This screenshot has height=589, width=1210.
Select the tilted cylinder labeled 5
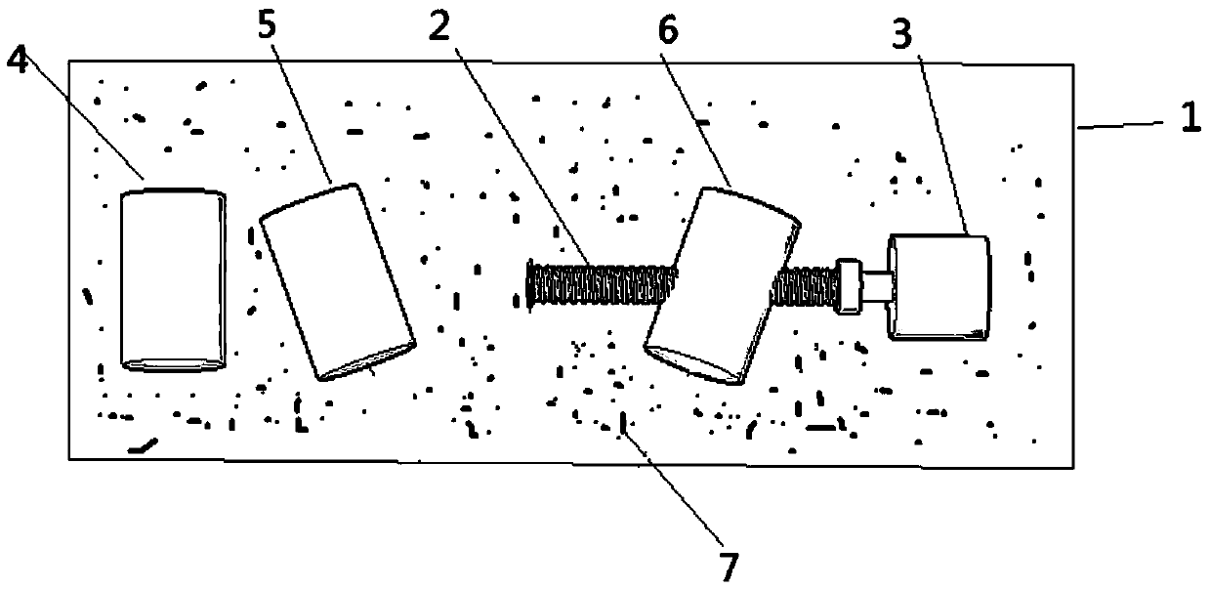pyautogui.click(x=338, y=281)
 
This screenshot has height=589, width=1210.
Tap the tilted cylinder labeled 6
pyautogui.click(x=723, y=285)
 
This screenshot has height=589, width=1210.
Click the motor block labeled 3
pyautogui.click(x=938, y=287)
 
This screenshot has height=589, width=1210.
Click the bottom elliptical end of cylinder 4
pyautogui.click(x=174, y=364)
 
